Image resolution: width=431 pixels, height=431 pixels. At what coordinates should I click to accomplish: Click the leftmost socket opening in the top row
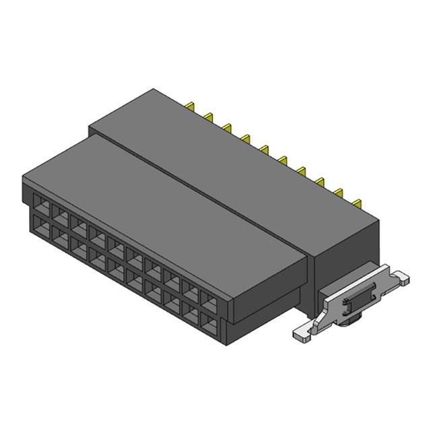pyautogui.click(x=40, y=203)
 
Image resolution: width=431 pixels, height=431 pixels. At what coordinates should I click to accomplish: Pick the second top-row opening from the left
pyautogui.click(x=59, y=213)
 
